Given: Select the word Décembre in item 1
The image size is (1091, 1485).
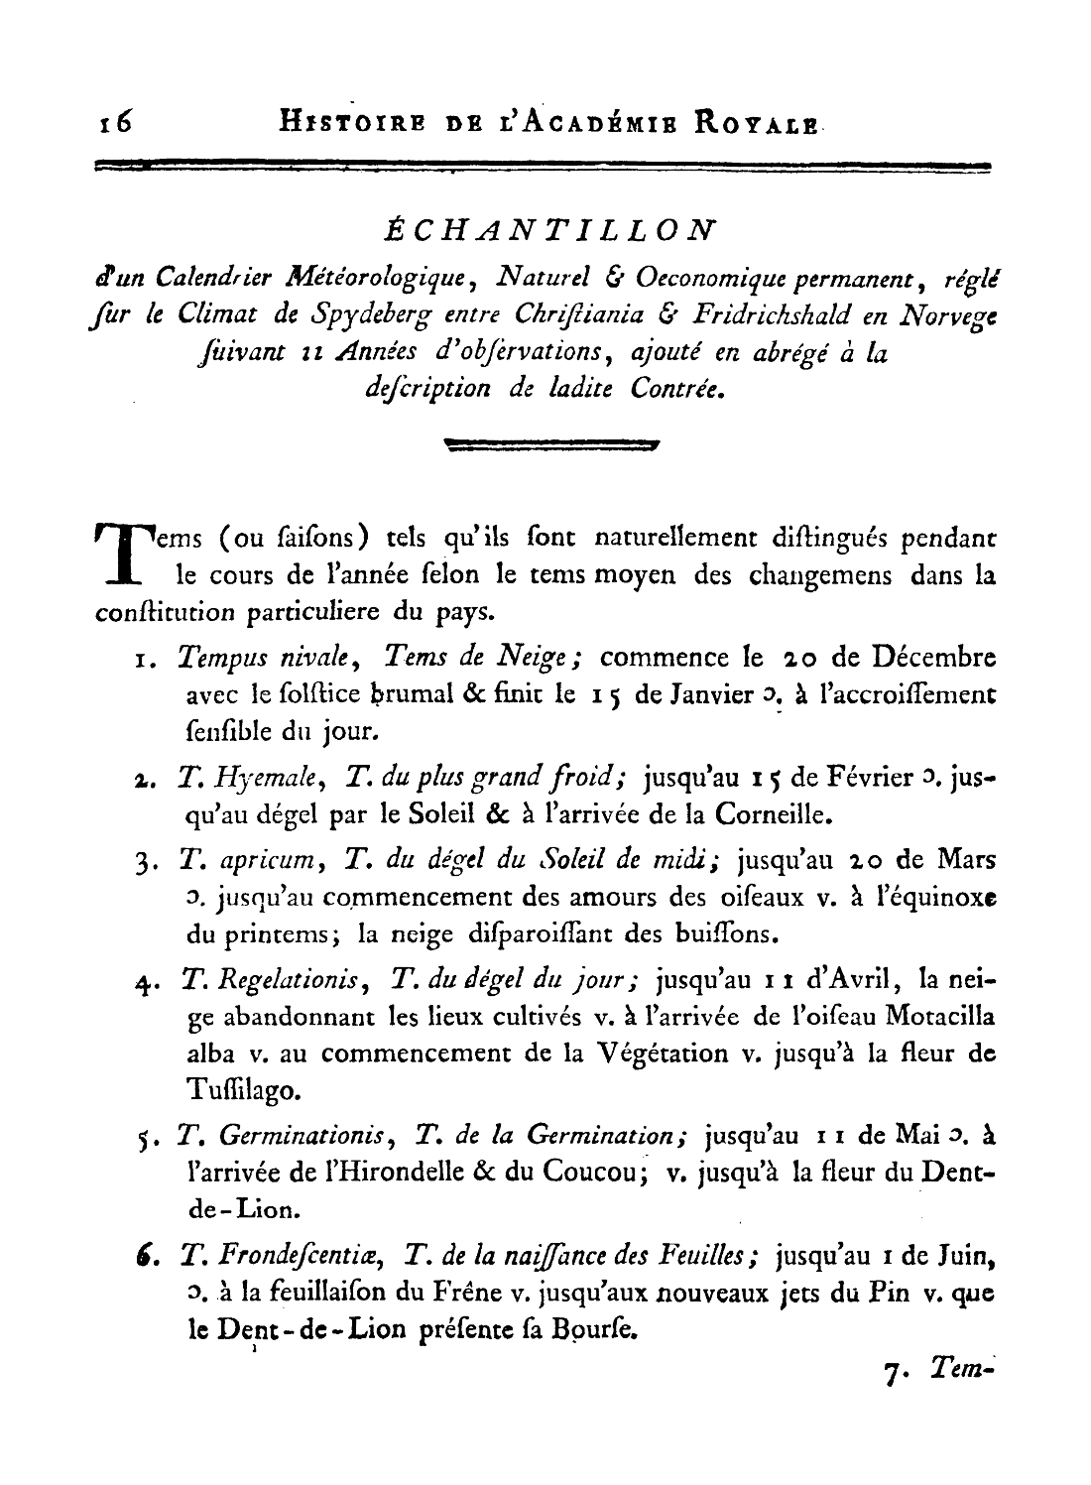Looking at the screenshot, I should pyautogui.click(x=933, y=658).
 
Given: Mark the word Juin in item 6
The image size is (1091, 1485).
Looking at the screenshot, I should pyautogui.click(x=967, y=1257).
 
